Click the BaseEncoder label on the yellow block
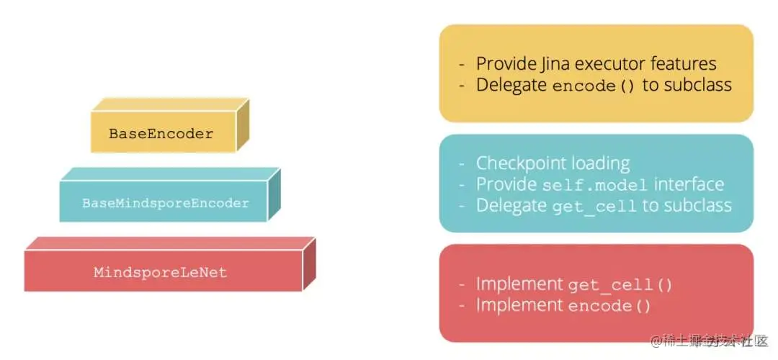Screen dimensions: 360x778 (161, 134)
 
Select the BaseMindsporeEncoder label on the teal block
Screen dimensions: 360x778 (165, 203)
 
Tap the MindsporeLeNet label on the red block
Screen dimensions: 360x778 (160, 272)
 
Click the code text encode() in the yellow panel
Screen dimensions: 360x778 (594, 86)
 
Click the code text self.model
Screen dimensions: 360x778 (596, 185)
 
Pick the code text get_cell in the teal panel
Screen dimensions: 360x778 (594, 207)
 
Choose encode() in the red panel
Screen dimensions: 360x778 (609, 307)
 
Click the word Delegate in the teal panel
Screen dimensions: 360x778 (511, 206)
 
